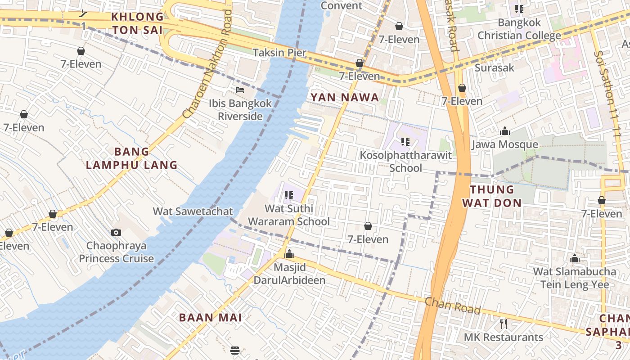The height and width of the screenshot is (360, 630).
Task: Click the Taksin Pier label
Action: point(279,53)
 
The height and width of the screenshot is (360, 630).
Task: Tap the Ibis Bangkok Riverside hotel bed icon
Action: point(240,90)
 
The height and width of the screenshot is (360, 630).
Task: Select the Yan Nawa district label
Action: point(345,98)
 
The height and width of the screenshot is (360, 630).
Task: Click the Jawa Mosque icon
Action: point(505,131)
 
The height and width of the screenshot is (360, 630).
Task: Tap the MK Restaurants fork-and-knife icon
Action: point(504,324)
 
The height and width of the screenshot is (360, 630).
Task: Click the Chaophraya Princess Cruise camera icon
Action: point(116,232)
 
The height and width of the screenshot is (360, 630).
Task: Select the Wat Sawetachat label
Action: point(193,211)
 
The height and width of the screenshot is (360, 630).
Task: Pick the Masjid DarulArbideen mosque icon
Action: point(289,254)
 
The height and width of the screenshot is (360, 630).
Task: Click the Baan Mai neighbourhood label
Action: point(211,317)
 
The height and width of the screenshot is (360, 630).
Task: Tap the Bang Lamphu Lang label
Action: point(131,158)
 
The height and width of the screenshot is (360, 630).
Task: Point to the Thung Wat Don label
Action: point(492,196)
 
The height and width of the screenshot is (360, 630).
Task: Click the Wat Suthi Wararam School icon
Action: point(289,195)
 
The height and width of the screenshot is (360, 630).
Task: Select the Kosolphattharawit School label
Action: point(405,162)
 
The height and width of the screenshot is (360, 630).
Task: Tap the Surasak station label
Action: point(495,68)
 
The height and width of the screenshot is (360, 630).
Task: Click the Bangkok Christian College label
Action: point(519,29)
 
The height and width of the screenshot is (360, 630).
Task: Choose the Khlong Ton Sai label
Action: point(137,23)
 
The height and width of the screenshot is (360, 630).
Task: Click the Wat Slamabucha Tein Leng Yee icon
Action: point(574,259)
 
